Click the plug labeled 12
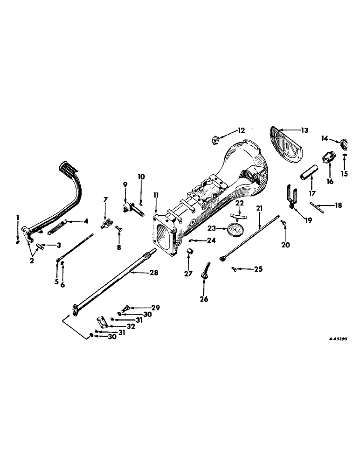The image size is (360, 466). (216, 138)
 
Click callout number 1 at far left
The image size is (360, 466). (17, 217)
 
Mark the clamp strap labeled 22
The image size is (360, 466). (239, 217)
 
